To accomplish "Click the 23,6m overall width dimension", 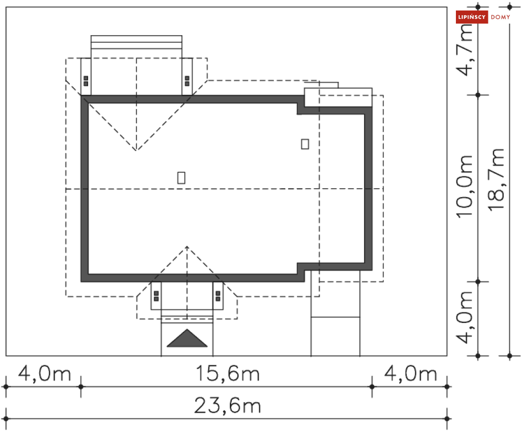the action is (227, 406).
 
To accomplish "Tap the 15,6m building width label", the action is (227, 373).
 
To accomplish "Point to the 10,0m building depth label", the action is (464, 186).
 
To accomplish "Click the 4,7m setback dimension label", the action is (464, 50).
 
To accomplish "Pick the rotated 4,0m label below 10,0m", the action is (464, 317).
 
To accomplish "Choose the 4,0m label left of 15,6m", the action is (45, 373).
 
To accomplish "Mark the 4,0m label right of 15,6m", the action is (410, 373).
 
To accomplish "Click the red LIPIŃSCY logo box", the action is (472, 17).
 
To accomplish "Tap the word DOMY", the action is (500, 17).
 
